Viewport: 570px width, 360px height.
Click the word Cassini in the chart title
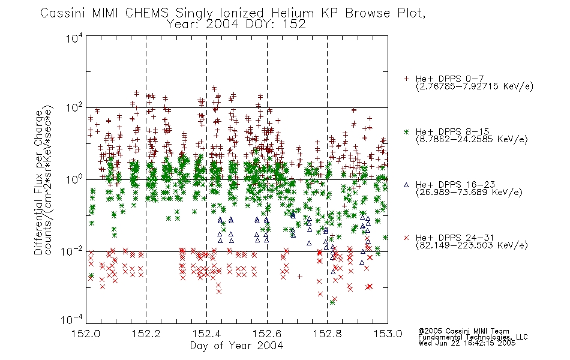[62, 13]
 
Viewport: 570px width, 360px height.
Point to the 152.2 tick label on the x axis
[146, 334]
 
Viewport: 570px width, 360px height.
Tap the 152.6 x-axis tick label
[267, 334]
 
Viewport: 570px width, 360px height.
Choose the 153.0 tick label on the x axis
[388, 334]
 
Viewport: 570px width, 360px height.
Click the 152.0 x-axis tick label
[86, 334]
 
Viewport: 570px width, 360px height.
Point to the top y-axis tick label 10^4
[74, 38]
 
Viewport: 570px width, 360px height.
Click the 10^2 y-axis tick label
[74, 108]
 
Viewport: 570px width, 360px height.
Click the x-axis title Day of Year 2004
[236, 346]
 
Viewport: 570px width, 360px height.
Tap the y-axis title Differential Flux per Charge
[38, 182]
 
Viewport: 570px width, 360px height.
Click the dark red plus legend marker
[406, 79]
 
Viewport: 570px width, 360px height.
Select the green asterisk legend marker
[406, 131]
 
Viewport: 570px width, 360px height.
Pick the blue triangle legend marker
[406, 185]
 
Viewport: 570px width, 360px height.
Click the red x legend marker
[406, 238]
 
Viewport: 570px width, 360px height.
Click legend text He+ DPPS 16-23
[455, 185]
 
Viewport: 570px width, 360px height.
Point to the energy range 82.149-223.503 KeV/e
[472, 245]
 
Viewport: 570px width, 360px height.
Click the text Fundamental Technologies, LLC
[473, 337]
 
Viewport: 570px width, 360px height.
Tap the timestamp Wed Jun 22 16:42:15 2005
[467, 343]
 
